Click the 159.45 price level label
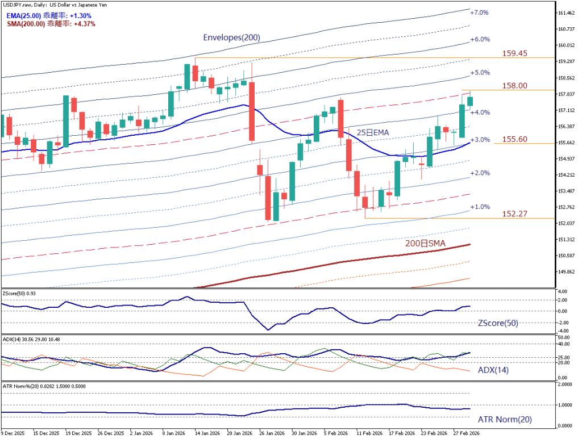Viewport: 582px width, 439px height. coord(515,53)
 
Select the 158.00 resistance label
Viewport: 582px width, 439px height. coord(515,86)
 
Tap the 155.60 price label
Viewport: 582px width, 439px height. coord(515,139)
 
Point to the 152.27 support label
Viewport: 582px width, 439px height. coord(515,214)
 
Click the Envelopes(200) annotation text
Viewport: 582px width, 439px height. coord(231,38)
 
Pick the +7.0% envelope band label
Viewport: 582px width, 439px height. coord(479,12)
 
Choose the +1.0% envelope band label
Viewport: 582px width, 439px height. coord(479,207)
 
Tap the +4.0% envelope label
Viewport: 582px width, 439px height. coord(479,112)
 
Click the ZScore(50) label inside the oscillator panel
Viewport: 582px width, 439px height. coord(497,323)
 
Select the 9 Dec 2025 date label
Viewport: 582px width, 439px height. coord(13,433)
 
